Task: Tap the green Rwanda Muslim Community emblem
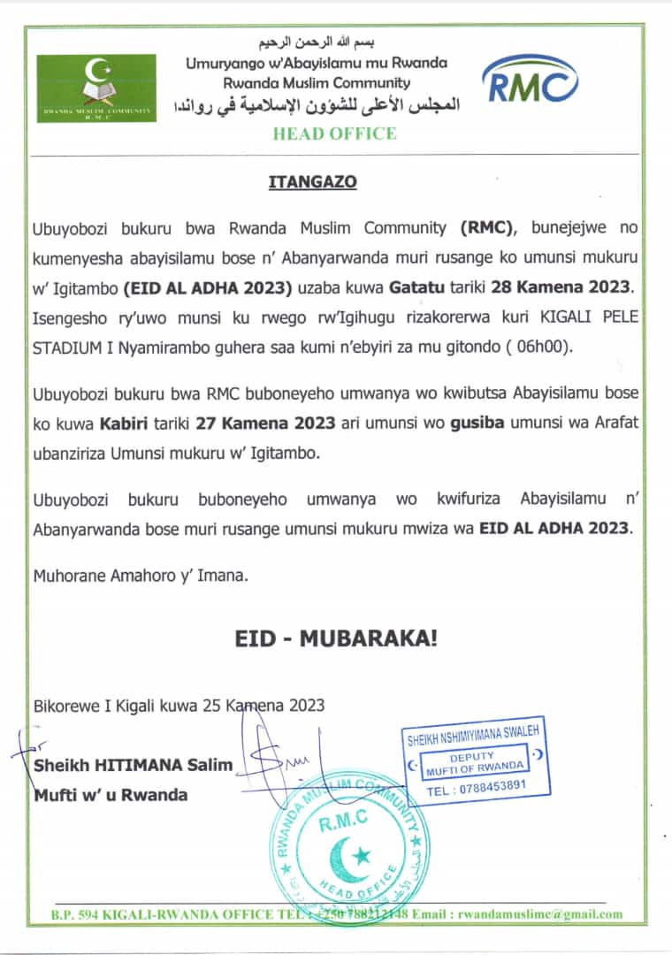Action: [x=96, y=88]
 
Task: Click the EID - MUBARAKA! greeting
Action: [x=336, y=638]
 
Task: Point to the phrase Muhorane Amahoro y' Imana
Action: [x=141, y=576]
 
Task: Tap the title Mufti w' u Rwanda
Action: [x=111, y=794]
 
